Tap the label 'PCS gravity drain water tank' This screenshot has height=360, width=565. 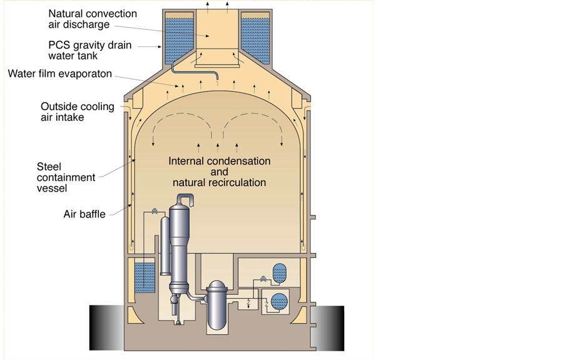point(86,51)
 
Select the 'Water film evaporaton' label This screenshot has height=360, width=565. point(59,74)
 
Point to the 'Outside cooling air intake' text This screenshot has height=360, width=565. point(78,111)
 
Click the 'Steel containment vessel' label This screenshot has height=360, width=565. point(66,177)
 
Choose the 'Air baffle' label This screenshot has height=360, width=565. point(84,214)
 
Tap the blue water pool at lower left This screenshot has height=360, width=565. point(145,277)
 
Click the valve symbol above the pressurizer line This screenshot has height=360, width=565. point(153,211)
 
